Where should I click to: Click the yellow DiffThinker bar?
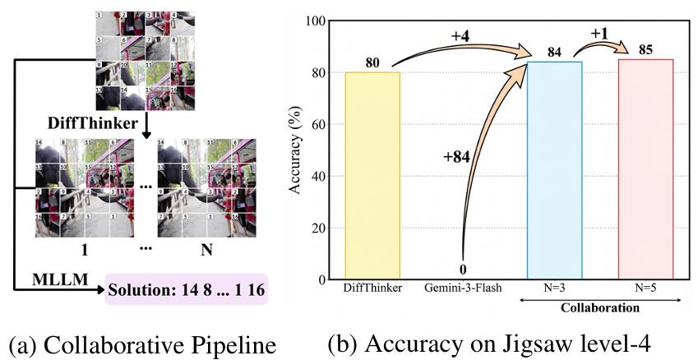pos(372,175)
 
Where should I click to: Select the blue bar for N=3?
pos(555,170)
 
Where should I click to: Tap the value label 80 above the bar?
pos(372,63)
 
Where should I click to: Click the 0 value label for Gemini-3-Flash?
pos(463,269)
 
